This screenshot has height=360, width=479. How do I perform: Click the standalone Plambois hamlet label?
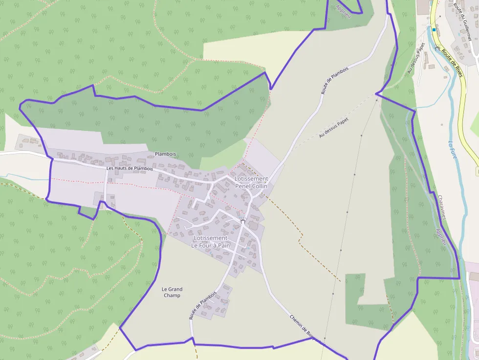pyautogui.click(x=165, y=154)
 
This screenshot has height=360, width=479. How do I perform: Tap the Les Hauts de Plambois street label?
pyautogui.click(x=130, y=169)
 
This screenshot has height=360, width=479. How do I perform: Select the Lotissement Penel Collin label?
pyautogui.click(x=251, y=182)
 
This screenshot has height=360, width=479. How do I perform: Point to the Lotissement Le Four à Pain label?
pyautogui.click(x=211, y=242)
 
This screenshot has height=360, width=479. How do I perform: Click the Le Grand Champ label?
pyautogui.click(x=172, y=292)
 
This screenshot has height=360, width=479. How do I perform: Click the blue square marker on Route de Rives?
pyautogui.click(x=434, y=29)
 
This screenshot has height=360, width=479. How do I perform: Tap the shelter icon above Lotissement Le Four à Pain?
pyautogui.click(x=242, y=221)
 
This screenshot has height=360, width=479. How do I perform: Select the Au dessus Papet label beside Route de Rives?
pyautogui.click(x=416, y=58)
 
